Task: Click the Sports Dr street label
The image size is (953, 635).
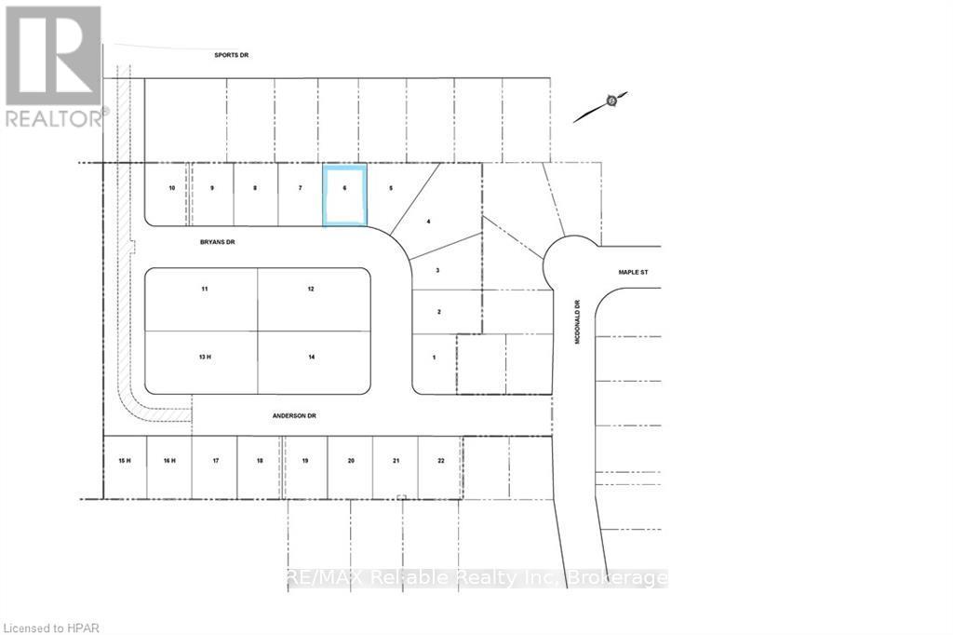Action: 231,55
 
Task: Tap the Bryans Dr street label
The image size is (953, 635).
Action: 217,242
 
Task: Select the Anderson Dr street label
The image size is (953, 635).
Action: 294,416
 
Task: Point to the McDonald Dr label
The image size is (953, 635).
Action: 577,321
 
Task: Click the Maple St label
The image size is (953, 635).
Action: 633,273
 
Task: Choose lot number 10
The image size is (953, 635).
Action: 172,189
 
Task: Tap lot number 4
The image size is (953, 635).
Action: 428,222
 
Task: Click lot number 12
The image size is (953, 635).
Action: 311,289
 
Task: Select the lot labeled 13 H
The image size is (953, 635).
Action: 205,357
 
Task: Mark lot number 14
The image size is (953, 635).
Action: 311,357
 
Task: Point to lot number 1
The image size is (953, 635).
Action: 434,358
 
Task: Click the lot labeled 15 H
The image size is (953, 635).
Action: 125,461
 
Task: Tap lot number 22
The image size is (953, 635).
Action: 440,461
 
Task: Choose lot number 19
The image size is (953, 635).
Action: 305,461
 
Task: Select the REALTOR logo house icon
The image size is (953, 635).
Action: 53,55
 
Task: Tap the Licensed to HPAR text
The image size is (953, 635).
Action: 51,628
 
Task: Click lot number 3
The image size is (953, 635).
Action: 437,271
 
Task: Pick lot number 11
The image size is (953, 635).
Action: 205,289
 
